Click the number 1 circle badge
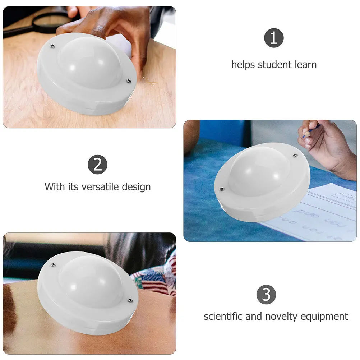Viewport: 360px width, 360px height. point(274,39)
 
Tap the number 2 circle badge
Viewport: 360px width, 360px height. point(97,165)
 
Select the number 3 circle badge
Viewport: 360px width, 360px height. point(266,295)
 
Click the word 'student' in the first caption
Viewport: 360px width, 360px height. point(275,65)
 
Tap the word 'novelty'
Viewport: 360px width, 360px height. point(280,317)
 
